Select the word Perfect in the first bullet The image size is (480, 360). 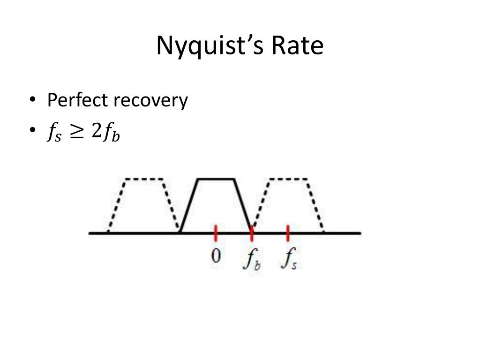pos(76,100)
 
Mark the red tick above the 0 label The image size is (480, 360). pos(216,232)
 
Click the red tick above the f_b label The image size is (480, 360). pos(252,232)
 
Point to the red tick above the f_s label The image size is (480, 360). pos(288,232)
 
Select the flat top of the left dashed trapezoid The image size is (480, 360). pos(143,179)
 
